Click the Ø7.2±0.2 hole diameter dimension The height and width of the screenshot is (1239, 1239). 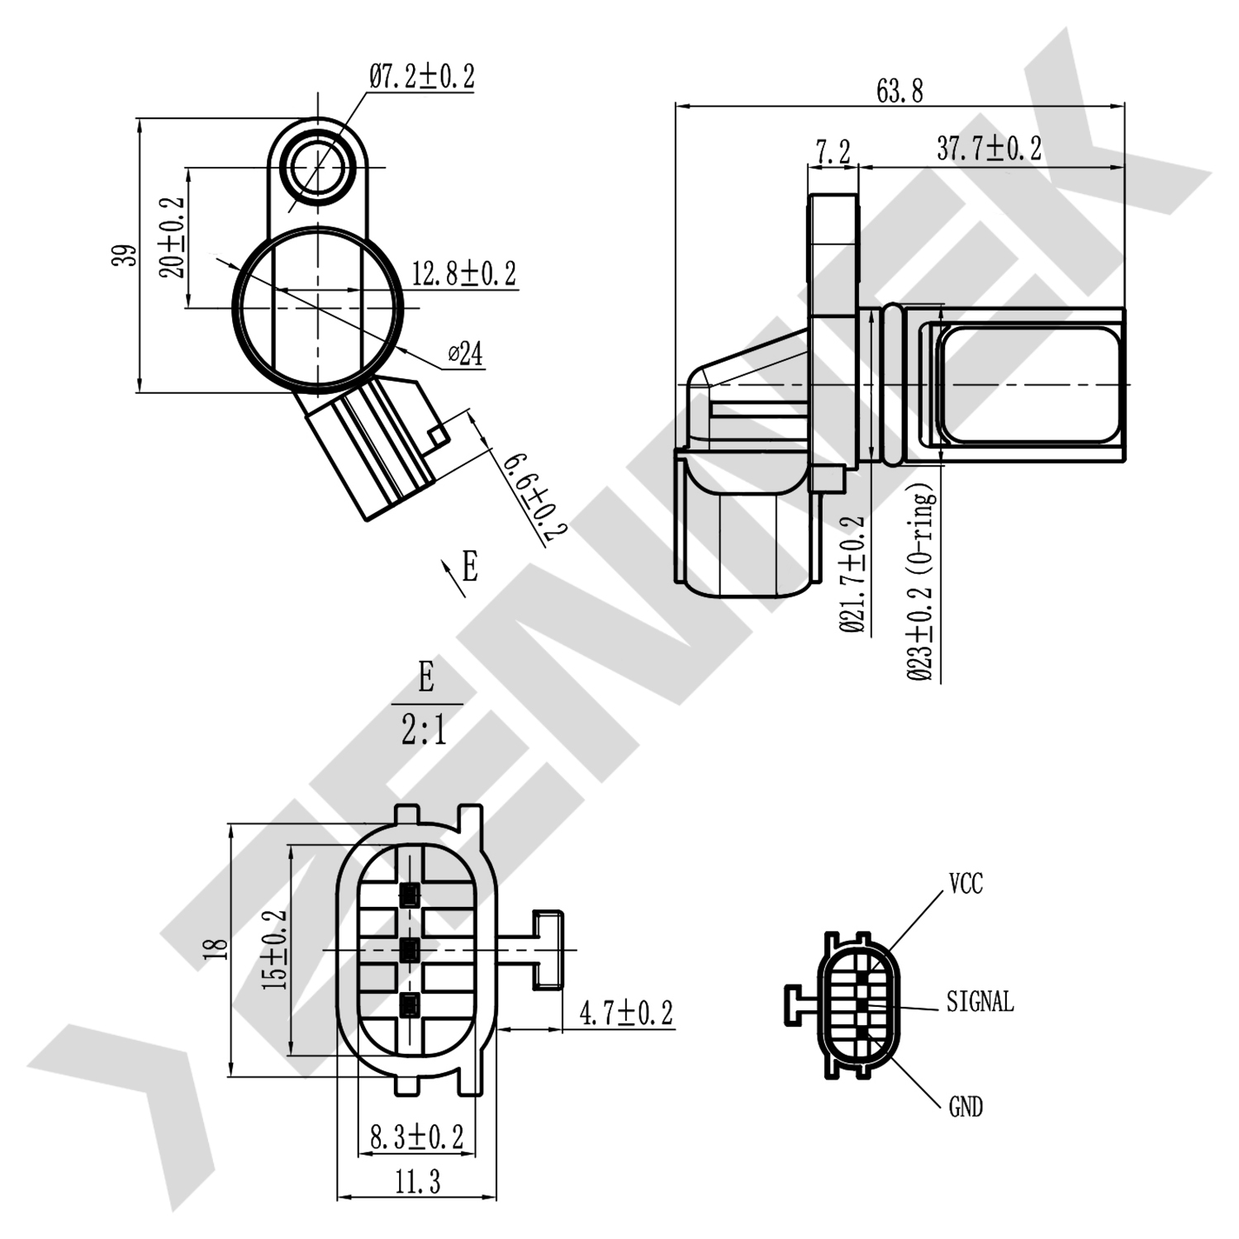point(421,77)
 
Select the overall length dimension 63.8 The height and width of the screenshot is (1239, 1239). point(900,90)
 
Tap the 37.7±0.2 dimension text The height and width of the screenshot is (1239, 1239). point(989,150)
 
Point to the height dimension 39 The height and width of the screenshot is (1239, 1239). point(124,255)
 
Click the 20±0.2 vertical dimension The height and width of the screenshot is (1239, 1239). point(173,237)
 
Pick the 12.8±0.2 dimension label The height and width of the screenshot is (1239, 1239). point(463,273)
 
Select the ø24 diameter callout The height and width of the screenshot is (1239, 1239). point(465,354)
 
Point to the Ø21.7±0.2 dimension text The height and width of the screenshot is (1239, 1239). point(852,575)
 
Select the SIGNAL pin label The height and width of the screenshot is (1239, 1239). point(980,1002)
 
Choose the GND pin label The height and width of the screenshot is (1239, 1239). point(966,1107)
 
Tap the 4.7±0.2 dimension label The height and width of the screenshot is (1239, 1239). point(626,1013)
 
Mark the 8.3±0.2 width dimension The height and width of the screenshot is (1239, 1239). point(416,1137)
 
